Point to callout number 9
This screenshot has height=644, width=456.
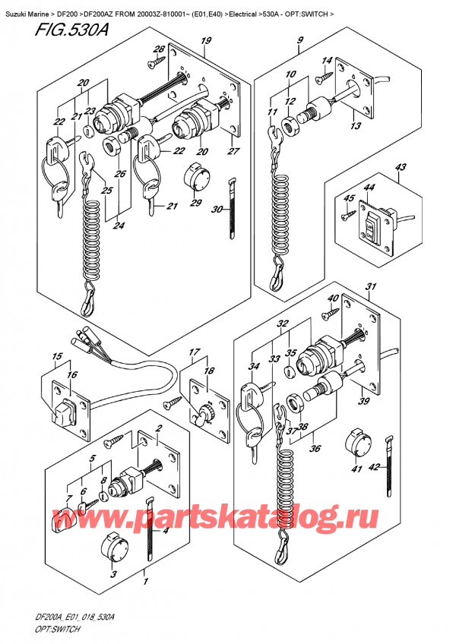coord(300,40)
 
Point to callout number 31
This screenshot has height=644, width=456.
coord(371,286)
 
